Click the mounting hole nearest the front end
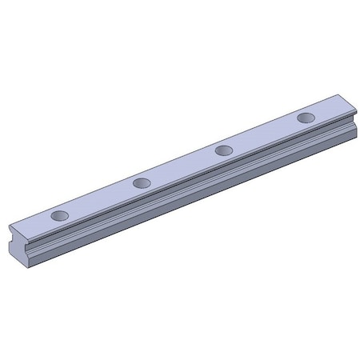click(x=58, y=215)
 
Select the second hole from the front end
click(x=142, y=183)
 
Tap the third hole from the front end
click(x=225, y=150)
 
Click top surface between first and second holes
click(x=100, y=200)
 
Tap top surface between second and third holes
click(x=183, y=166)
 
